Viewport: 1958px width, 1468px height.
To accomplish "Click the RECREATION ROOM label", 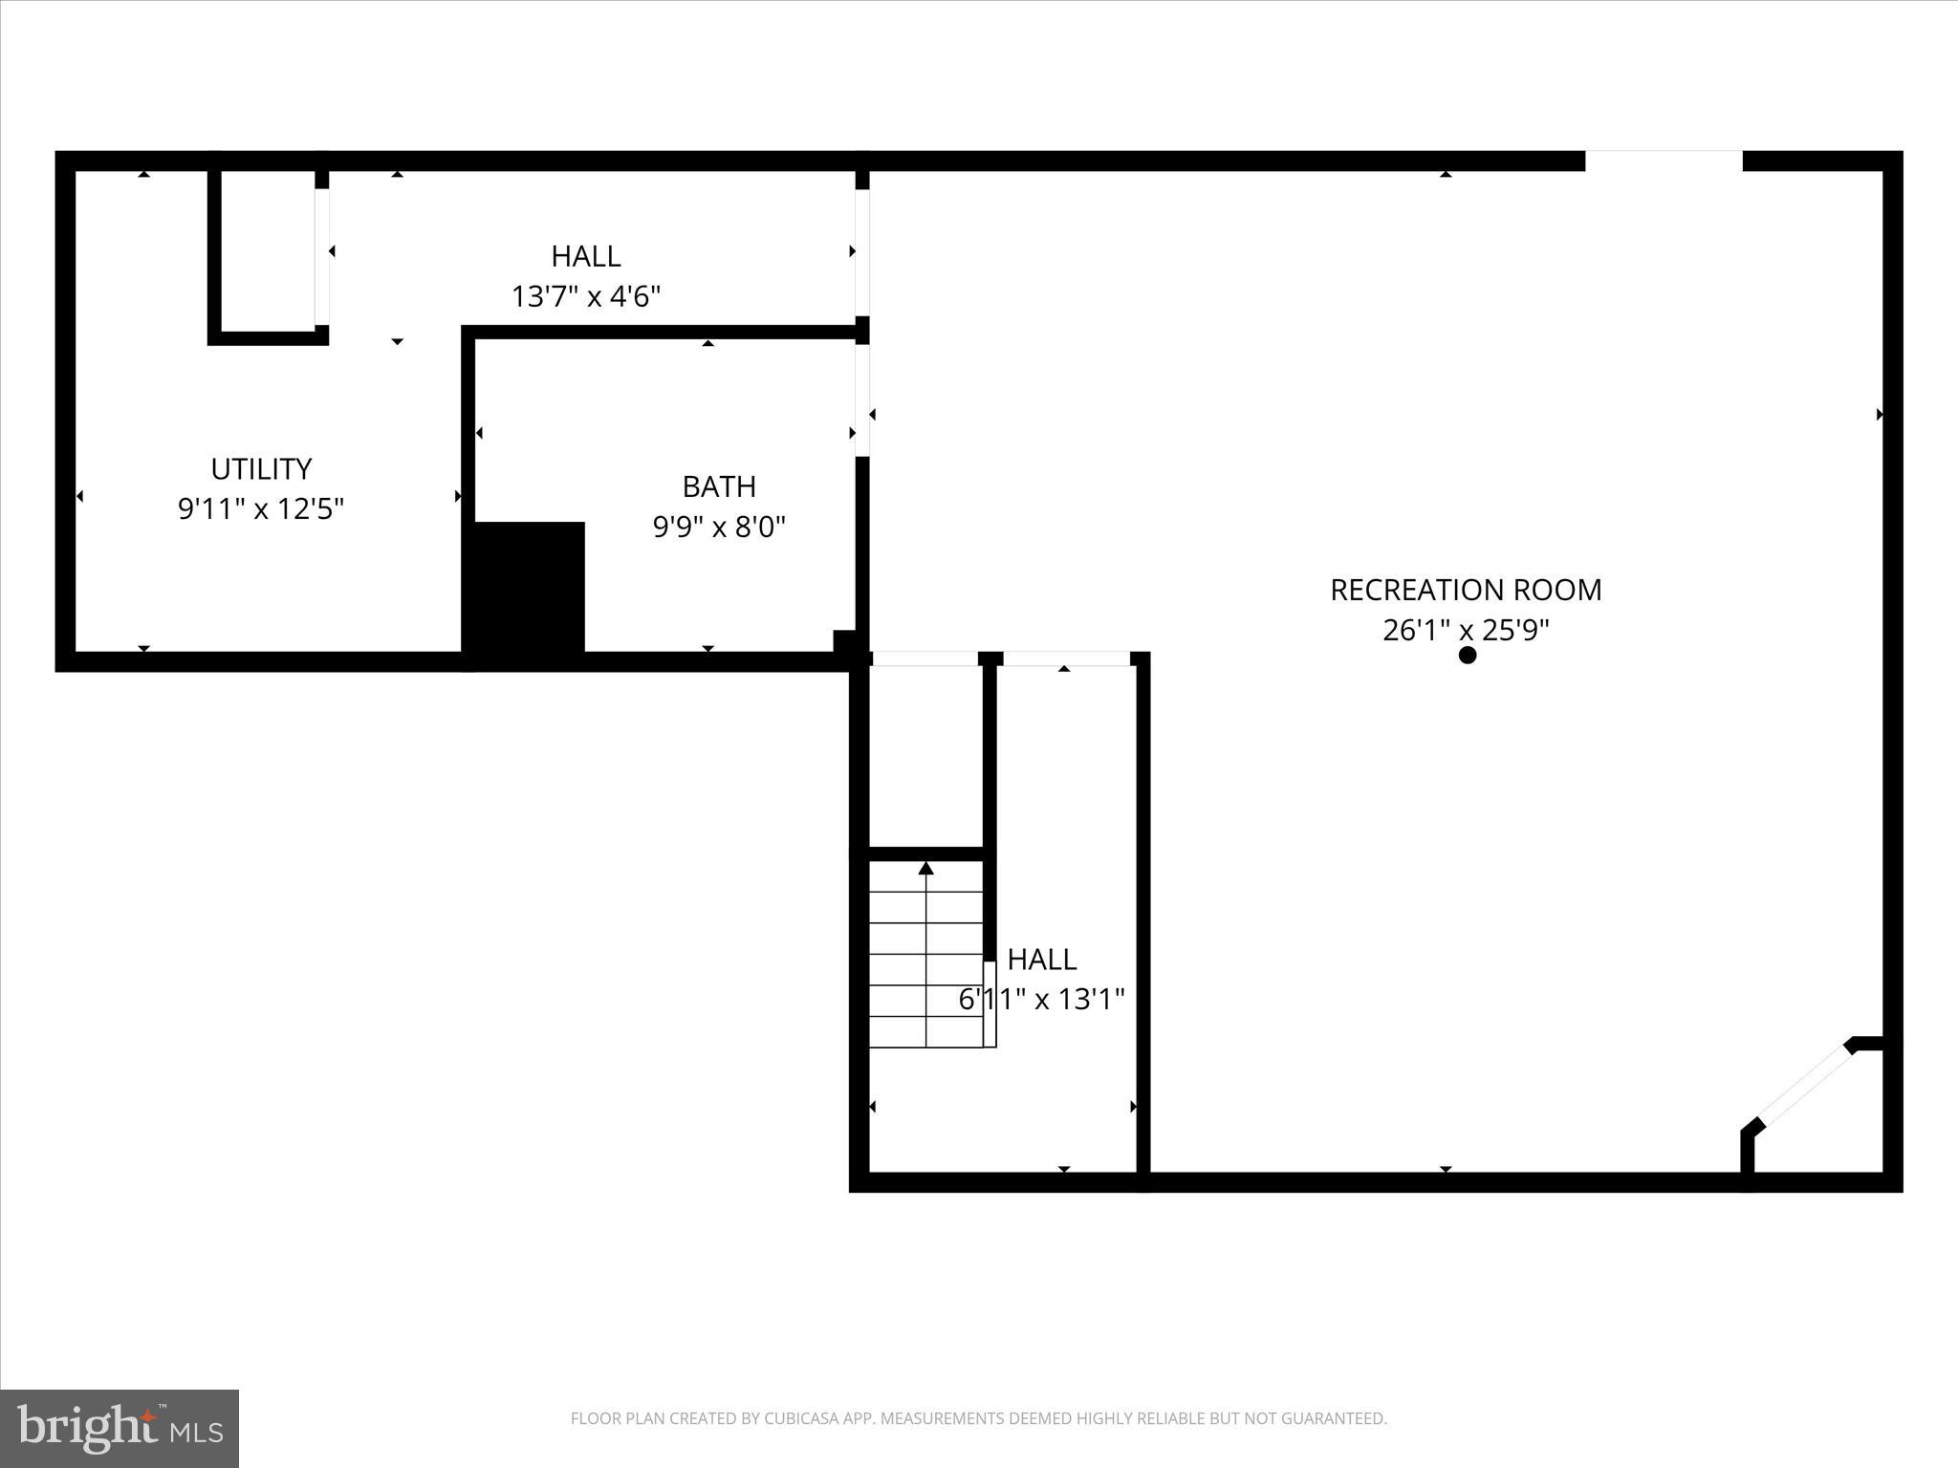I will pos(1465,590).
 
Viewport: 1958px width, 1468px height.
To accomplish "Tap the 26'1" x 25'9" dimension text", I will pos(1465,630).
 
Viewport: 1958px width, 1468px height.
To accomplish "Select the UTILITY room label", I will pos(261,468).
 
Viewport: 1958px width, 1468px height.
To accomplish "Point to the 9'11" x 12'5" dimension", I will pos(261,508).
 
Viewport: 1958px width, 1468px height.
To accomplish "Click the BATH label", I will pos(719,486).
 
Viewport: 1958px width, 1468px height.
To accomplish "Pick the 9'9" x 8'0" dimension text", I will pos(719,527).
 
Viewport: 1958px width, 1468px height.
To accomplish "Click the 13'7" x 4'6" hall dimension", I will pos(586,296).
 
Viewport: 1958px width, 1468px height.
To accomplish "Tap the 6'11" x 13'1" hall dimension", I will pos(1041,999).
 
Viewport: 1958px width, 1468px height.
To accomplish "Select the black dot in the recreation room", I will pos(1468,655).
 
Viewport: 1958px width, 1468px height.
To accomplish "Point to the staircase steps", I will pos(925,956).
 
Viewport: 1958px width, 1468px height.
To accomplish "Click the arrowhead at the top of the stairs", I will pos(925,868).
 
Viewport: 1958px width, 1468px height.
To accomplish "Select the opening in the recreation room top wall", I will pos(1664,161).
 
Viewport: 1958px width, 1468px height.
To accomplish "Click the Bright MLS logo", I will pos(120,1428).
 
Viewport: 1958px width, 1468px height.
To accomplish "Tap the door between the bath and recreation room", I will pos(862,399).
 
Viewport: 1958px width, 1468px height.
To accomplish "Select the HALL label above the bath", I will pos(586,256).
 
